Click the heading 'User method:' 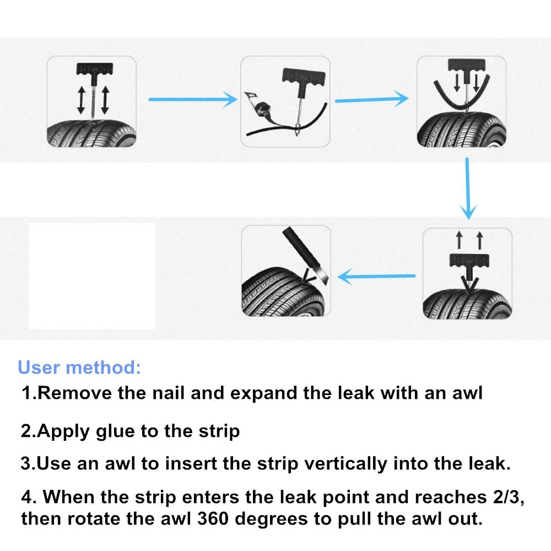[x=79, y=367]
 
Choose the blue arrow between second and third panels [x=372, y=100]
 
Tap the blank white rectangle [x=91, y=275]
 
